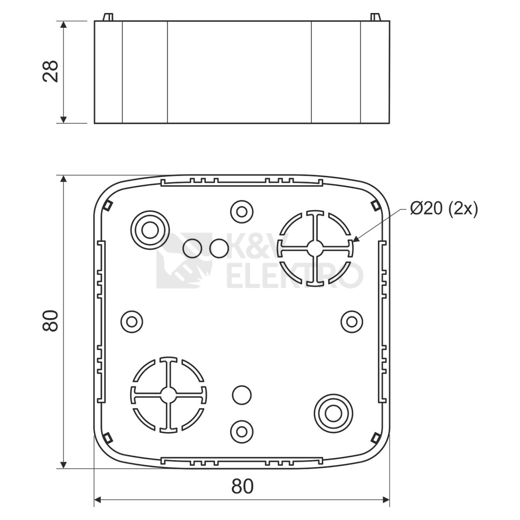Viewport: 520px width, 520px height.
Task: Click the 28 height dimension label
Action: click(50, 71)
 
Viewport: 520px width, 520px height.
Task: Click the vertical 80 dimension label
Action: click(50, 321)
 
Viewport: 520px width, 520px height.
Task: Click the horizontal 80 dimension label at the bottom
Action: click(242, 486)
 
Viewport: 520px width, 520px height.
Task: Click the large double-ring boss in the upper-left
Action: click(150, 230)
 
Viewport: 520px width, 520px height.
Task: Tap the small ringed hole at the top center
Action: click(242, 211)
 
